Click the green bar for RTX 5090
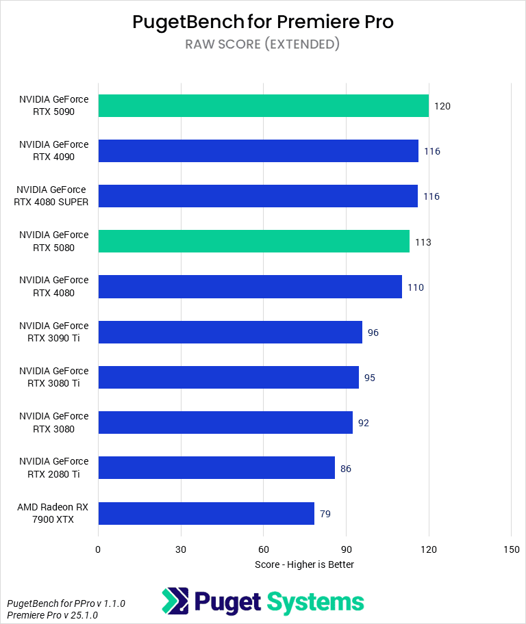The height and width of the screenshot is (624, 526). click(x=263, y=105)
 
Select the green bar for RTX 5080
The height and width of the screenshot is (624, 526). click(x=253, y=242)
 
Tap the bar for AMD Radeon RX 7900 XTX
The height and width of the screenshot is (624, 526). click(x=205, y=513)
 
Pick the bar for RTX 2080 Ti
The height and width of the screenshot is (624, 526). click(x=216, y=468)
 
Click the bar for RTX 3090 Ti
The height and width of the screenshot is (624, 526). click(x=230, y=332)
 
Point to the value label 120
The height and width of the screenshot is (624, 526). click(x=442, y=106)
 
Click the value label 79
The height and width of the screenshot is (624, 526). click(x=325, y=514)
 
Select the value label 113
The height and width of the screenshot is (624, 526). click(x=423, y=242)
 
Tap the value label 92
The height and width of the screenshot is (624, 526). click(x=364, y=423)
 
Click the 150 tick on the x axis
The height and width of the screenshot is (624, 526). click(x=511, y=549)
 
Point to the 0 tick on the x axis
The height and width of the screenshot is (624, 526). click(x=98, y=549)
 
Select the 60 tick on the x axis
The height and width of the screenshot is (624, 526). click(x=263, y=549)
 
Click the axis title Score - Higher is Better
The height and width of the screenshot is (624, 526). click(x=304, y=564)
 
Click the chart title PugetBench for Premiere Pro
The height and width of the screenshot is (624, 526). click(x=263, y=22)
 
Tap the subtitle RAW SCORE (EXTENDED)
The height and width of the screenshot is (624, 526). click(x=263, y=44)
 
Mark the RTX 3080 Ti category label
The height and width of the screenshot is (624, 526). click(x=54, y=377)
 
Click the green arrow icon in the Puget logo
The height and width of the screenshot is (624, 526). click(x=175, y=601)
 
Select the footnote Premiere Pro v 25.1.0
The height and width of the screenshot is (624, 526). click(x=52, y=615)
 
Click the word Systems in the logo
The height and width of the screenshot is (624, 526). click(x=314, y=601)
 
